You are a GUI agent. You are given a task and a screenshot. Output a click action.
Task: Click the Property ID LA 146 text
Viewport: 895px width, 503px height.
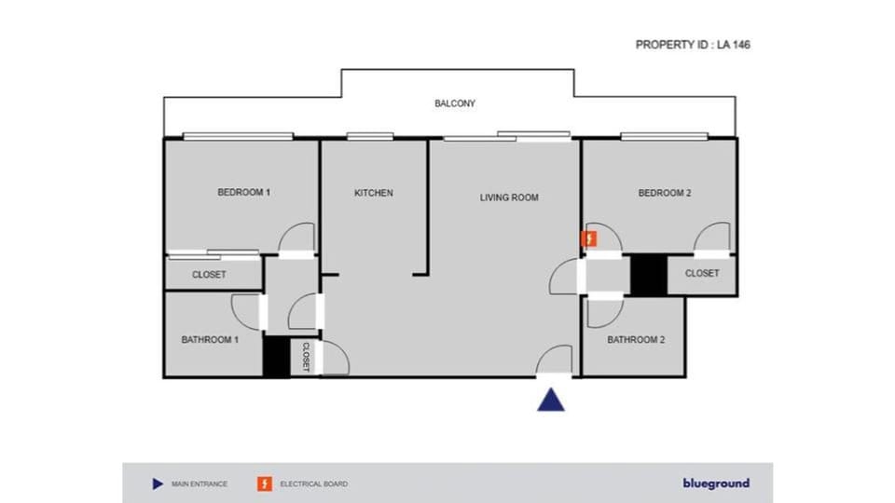[x=693, y=44]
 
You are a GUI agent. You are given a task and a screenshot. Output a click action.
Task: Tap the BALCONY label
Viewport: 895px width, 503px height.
[x=455, y=103]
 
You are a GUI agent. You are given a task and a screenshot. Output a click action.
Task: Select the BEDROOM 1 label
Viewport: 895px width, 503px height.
[x=243, y=193]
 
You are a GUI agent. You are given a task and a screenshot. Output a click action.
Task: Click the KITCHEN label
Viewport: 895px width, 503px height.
[x=373, y=193]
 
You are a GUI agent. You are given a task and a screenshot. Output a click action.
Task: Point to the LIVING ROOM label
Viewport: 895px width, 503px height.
[x=509, y=197]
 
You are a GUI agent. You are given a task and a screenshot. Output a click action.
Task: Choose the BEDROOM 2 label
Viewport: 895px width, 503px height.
[x=664, y=193]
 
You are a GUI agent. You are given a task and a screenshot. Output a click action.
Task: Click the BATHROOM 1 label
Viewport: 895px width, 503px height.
[x=210, y=340]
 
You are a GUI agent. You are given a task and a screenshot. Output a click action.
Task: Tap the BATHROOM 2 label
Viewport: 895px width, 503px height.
[x=636, y=340]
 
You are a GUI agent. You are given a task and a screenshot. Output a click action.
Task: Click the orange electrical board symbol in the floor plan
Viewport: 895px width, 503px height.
[x=589, y=239]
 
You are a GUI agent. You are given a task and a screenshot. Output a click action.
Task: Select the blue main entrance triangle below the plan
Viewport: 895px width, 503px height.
[x=552, y=400]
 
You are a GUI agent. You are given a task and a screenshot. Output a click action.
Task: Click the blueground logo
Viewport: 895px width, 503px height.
[x=715, y=483]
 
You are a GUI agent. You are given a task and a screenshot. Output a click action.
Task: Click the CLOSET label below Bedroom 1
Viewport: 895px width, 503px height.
[x=209, y=275]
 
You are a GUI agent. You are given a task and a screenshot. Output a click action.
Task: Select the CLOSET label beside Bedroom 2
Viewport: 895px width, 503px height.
[x=702, y=273]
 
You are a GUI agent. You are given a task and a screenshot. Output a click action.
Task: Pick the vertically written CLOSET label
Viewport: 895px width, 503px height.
[x=305, y=357]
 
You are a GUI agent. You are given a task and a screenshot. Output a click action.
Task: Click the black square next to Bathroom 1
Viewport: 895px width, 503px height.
[x=275, y=357]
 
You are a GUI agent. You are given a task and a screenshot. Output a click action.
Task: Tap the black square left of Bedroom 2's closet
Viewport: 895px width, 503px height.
[x=648, y=274]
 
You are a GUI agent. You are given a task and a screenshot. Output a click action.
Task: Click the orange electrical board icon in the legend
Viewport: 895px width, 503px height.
[x=265, y=483]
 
